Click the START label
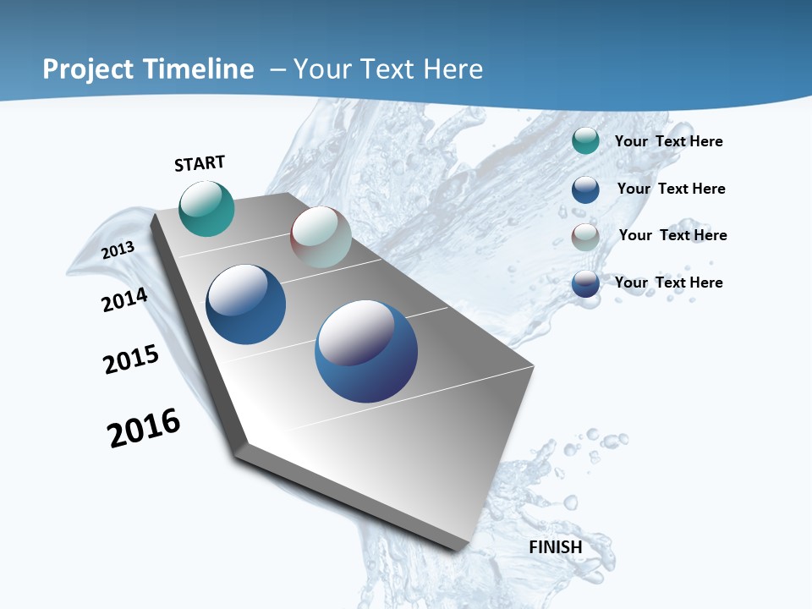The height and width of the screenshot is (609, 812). click(200, 163)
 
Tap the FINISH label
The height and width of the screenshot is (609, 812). click(556, 547)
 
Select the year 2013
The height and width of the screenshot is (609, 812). click(118, 250)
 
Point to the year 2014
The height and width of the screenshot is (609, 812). click(125, 299)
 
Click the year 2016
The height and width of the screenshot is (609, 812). click(144, 428)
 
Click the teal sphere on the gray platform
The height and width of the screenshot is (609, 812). click(207, 209)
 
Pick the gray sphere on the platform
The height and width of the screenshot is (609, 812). click(321, 237)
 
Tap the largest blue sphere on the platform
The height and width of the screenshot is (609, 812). click(366, 351)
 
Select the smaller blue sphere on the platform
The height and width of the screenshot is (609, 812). click(246, 304)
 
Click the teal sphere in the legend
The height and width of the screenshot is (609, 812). click(585, 141)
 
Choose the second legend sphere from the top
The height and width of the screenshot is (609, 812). click(585, 189)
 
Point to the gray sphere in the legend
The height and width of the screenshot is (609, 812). click(585, 237)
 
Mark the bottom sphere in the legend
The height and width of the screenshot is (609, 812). click(585, 283)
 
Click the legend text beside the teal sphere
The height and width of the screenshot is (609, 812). click(668, 141)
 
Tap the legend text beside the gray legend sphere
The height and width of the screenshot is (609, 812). click(672, 235)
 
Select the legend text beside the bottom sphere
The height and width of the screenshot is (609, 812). click(668, 283)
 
